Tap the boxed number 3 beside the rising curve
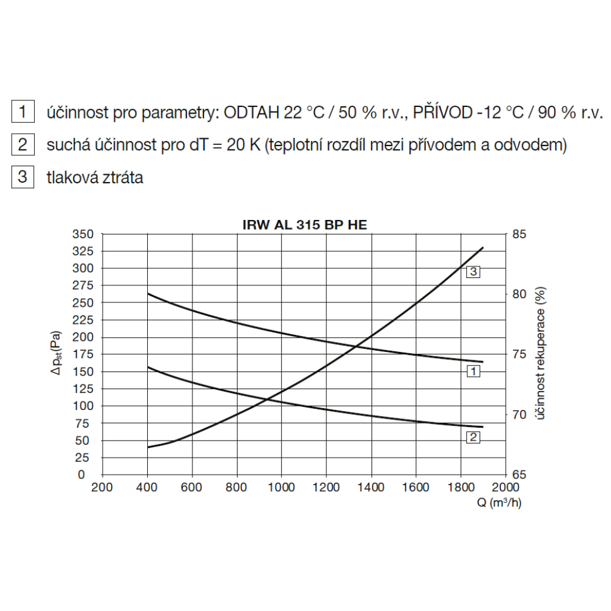[x=473, y=272]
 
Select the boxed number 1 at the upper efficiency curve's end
[x=473, y=371]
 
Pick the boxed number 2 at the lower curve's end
[x=473, y=437]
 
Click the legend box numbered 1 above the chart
[x=23, y=112]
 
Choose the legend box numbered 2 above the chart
[x=23, y=145]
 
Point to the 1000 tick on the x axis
[x=282, y=487]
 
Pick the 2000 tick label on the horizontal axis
[x=505, y=487]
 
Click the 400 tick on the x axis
[x=147, y=487]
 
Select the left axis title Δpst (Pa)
[x=57, y=354]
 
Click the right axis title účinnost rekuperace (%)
[x=541, y=354]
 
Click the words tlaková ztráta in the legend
[x=95, y=178]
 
